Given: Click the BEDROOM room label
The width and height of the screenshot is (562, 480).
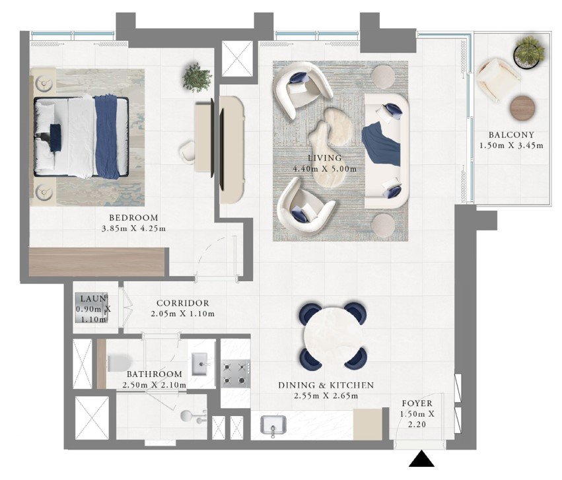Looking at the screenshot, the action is [x=133, y=218].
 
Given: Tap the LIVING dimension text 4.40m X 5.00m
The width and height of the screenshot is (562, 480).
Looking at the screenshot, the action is [x=325, y=169].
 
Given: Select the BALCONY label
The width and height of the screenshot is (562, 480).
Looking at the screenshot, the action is [x=511, y=135].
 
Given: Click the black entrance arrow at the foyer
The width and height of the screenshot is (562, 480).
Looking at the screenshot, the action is [x=422, y=459].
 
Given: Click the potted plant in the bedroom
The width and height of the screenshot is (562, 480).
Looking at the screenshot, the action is [x=197, y=77].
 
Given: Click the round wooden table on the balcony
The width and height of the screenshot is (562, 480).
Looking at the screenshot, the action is [x=523, y=108].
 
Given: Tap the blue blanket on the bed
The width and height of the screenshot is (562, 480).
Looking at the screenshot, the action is [x=106, y=137].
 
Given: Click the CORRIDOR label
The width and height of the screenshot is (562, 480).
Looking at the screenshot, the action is [x=183, y=304].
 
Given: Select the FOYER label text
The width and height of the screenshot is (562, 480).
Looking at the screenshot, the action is [x=417, y=403].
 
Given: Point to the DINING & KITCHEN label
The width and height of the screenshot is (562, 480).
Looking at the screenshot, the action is [x=326, y=386].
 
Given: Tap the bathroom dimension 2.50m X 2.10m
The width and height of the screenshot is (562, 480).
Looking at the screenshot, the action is [x=155, y=386].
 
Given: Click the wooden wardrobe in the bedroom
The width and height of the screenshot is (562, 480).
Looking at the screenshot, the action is [x=97, y=262].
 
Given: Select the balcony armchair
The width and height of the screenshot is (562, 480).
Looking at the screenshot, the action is [x=497, y=79].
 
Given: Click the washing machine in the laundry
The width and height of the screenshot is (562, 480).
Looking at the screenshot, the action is [x=91, y=308].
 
